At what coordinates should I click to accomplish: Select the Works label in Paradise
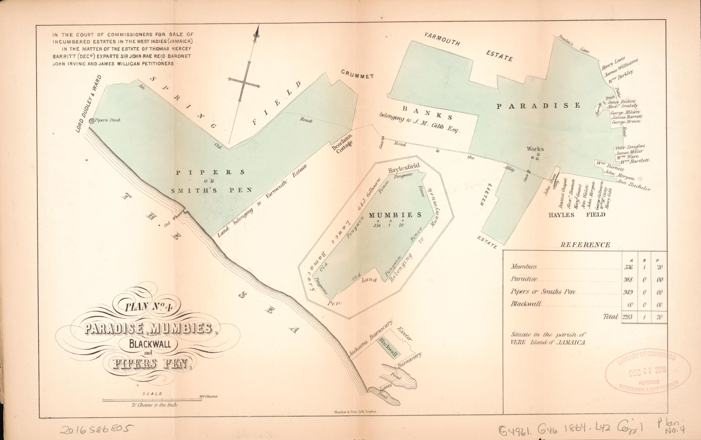[x=535, y=149]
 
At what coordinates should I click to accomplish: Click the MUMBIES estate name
[x=395, y=215]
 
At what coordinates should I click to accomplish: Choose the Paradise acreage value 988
[x=628, y=280]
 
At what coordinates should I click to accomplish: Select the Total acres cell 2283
[x=627, y=317]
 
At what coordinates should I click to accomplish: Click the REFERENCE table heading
[x=585, y=245]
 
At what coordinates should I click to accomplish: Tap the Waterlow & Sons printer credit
[x=355, y=411]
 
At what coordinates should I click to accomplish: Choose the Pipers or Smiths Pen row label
[x=543, y=292]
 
